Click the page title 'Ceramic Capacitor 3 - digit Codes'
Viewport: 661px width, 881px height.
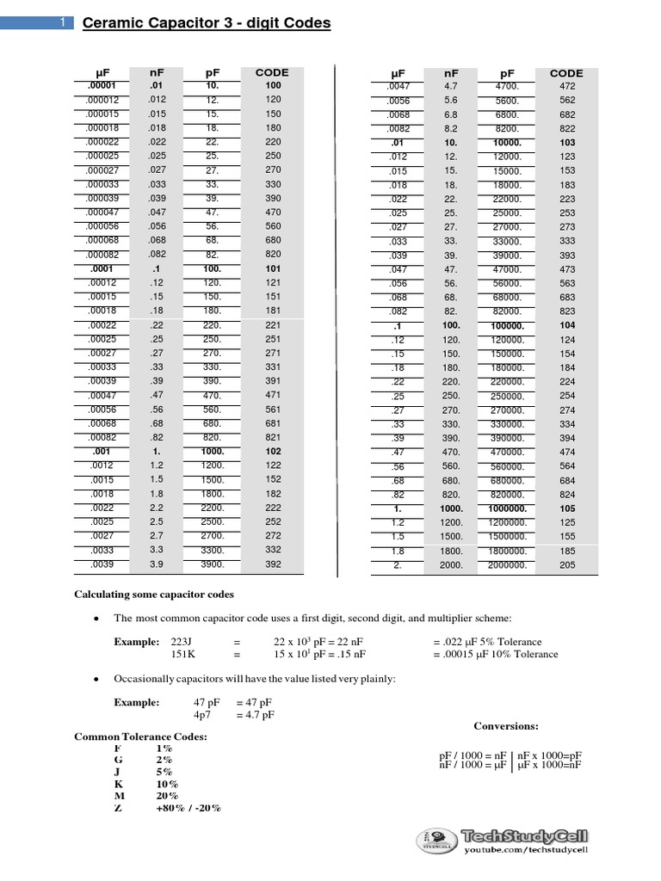tap(207, 23)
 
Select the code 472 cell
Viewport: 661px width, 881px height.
tap(565, 86)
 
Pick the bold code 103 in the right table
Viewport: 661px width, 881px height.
tap(565, 141)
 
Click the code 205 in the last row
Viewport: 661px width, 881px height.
tap(565, 565)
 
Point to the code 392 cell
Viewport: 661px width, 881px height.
tap(273, 564)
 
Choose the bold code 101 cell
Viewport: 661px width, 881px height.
tap(273, 268)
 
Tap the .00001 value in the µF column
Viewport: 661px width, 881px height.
tap(107, 86)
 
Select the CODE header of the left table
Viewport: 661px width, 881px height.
tap(272, 72)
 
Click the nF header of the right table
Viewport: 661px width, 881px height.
tap(450, 73)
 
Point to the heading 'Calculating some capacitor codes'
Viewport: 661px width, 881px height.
tap(153, 595)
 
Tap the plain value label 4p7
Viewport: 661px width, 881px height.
tap(204, 714)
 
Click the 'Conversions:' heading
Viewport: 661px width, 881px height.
tap(506, 725)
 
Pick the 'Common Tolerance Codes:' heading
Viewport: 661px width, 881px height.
tap(140, 736)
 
